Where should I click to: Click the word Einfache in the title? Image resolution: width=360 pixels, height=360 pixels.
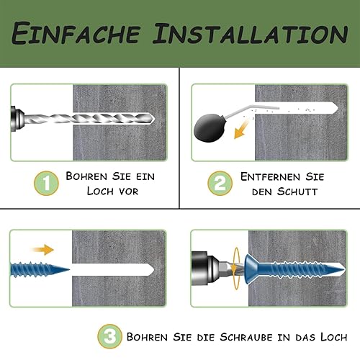(76, 33)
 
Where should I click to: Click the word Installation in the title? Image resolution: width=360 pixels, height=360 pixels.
(251, 33)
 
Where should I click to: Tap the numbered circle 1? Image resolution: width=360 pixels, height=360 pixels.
(46, 183)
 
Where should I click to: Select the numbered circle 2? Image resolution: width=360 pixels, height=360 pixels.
(220, 183)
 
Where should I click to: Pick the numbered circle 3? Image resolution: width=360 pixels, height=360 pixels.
(109, 336)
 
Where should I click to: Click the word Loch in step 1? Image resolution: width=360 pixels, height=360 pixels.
(99, 192)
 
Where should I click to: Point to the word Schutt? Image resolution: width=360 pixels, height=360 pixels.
(297, 192)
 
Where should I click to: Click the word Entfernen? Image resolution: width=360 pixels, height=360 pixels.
(271, 176)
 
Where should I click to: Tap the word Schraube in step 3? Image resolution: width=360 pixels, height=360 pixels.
(246, 337)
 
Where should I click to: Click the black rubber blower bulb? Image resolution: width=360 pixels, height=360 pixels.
(209, 127)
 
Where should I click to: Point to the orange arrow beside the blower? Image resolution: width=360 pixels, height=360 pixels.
(241, 130)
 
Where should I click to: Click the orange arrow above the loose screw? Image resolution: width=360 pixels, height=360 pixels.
(43, 250)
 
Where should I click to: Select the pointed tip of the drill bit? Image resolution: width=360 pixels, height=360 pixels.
(154, 119)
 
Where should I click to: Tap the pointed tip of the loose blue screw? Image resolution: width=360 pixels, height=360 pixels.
(69, 270)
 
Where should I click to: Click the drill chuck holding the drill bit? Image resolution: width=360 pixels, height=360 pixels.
(17, 119)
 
